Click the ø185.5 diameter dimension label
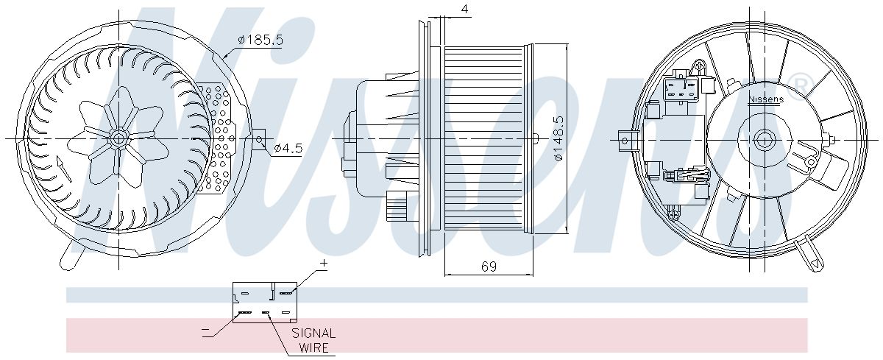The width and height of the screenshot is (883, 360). pos(260,40)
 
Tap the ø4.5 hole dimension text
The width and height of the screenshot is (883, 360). pos(288,149)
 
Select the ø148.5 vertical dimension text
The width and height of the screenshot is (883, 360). pos(559,138)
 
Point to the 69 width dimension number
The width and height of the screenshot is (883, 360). pos(489,267)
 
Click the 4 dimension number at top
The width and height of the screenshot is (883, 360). pos(465,9)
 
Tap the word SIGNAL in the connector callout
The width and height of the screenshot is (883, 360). pos(313,333)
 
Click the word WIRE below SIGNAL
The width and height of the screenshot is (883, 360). pos(313,347)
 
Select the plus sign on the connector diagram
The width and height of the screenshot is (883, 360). pos(324,264)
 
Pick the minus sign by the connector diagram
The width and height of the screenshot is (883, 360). pos(207,333)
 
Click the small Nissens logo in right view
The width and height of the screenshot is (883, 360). pos(766,99)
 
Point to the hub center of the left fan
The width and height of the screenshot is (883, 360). pos(118,138)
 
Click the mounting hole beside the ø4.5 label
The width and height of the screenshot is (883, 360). pos(259,139)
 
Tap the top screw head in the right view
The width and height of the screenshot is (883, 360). pos(699,65)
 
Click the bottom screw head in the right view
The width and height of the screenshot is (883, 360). pos(673,214)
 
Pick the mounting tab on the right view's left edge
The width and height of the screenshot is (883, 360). pos(625,140)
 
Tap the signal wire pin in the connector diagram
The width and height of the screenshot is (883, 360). pos(266,313)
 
